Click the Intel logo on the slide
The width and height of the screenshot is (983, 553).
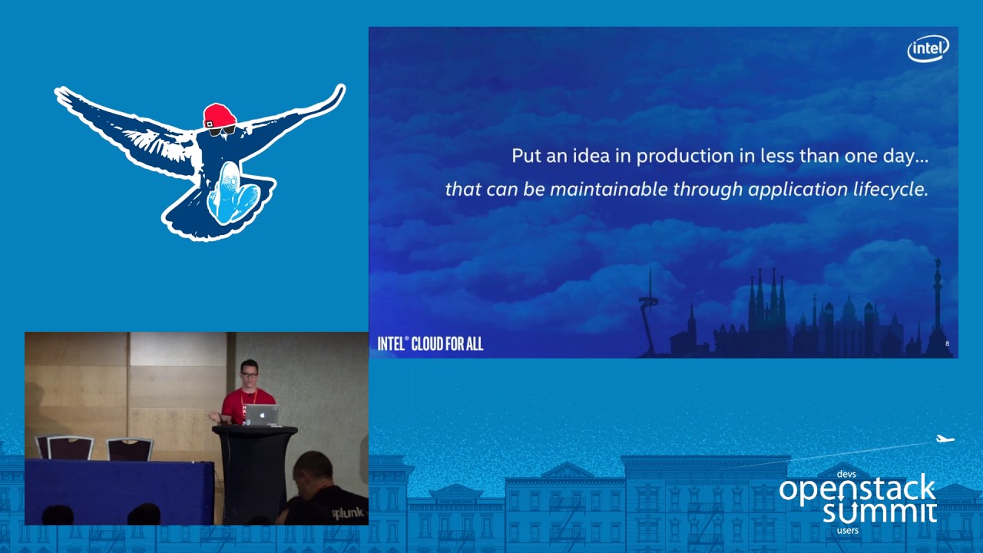coord(928,49)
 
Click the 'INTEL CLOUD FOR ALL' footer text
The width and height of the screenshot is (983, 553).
coord(430,343)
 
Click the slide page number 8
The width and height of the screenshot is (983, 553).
coord(947,344)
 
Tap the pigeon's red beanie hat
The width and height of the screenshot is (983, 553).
coord(220,116)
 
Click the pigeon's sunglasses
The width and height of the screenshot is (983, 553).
coord(222,131)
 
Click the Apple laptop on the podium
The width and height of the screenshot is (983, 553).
coord(262,415)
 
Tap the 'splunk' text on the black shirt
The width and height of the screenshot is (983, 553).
coord(347,512)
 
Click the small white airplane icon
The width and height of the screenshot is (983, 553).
coord(945,439)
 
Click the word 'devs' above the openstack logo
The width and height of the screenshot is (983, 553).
coord(846,475)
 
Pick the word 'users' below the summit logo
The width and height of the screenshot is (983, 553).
coord(847,531)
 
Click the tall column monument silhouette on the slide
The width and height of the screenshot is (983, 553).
coord(937,300)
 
